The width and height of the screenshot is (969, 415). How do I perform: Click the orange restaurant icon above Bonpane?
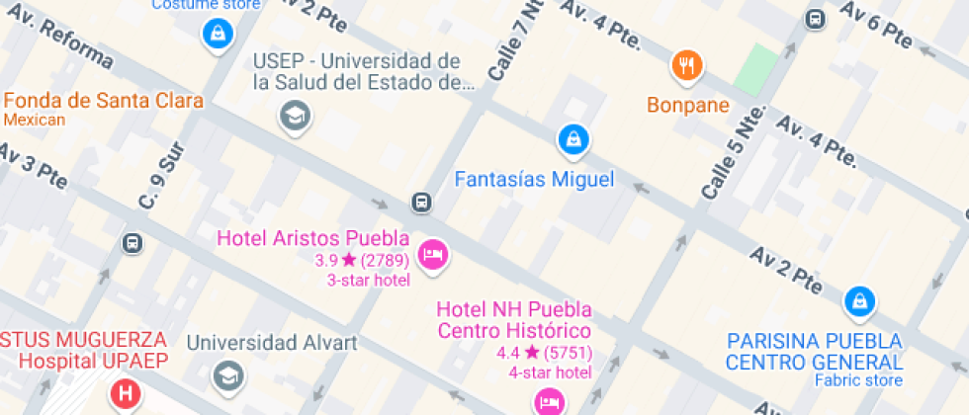click(686, 66)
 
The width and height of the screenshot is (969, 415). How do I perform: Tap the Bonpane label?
click(688, 105)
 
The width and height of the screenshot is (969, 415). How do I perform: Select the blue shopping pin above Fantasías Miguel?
click(573, 140)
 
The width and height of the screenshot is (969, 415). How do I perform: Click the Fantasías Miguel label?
click(534, 180)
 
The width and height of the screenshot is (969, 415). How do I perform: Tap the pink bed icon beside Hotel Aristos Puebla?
click(432, 255)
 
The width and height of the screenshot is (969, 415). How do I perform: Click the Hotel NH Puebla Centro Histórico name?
click(514, 320)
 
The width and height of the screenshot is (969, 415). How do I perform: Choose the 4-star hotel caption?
click(550, 373)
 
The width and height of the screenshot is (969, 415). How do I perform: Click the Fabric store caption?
click(858, 380)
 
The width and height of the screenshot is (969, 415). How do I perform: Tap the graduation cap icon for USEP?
click(295, 117)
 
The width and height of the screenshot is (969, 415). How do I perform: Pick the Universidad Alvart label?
click(272, 343)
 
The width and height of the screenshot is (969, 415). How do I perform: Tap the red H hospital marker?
click(126, 395)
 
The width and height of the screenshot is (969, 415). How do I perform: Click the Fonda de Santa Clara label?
click(104, 101)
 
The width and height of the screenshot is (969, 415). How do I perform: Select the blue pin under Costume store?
click(216, 34)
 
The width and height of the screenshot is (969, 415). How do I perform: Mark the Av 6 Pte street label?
click(876, 25)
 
